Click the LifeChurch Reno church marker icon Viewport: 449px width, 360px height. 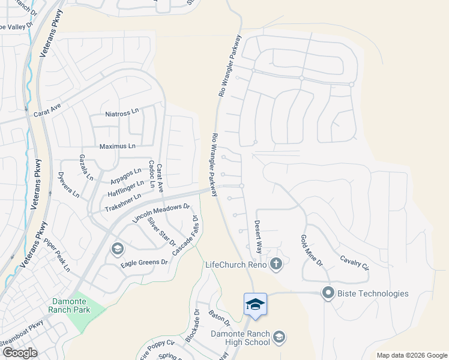pos(276,264)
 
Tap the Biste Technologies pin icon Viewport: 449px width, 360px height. pos(328,293)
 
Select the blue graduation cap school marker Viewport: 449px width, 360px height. pos(255,304)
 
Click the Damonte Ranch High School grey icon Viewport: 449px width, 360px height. pos(279,337)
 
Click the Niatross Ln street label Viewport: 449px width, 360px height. pos(122,112)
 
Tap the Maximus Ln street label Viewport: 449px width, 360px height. pos(117,146)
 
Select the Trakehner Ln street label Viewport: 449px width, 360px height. pos(122,202)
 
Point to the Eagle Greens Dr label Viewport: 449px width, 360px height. pos(145,262)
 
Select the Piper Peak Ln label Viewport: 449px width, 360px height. pos(57,256)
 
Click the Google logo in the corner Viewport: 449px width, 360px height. pos(19,352)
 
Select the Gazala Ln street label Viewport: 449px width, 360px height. pos(86,167)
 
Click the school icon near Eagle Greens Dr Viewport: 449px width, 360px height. pos(117,248)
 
